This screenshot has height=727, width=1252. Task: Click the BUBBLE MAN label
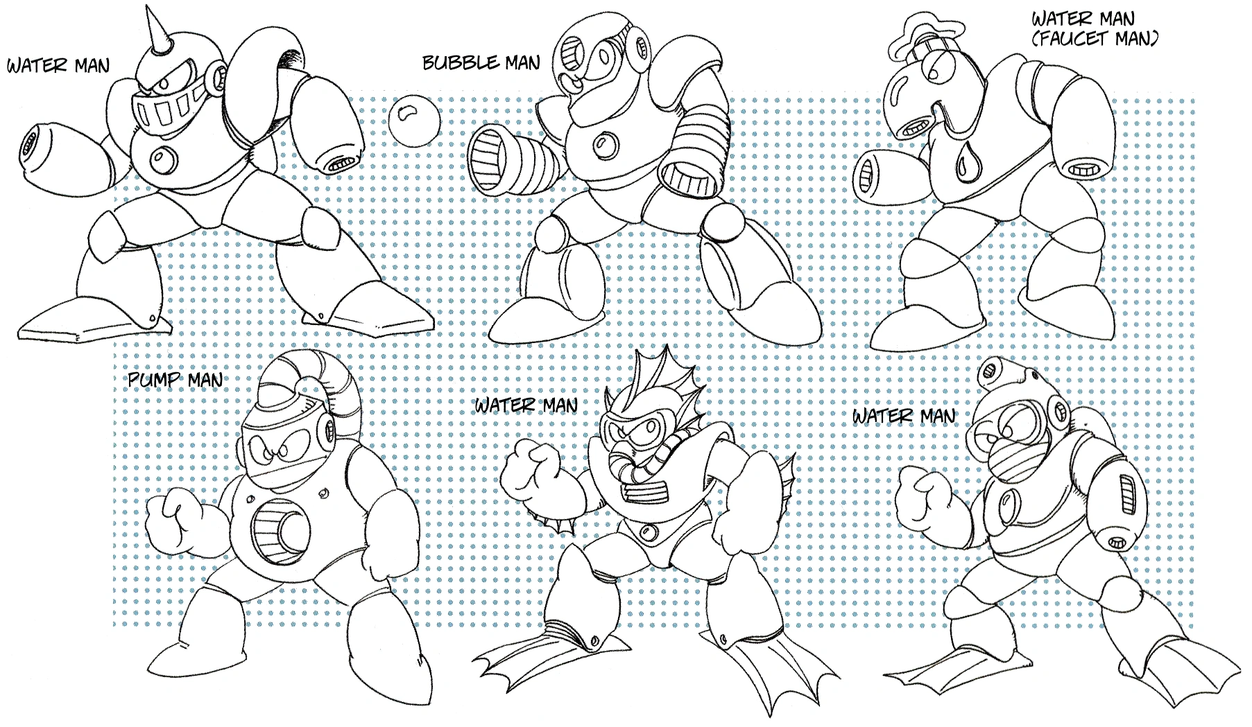pyautogui.click(x=481, y=63)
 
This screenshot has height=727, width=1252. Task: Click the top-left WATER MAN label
pyautogui.click(x=58, y=67)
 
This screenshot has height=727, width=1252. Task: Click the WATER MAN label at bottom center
pyautogui.click(x=526, y=404)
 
